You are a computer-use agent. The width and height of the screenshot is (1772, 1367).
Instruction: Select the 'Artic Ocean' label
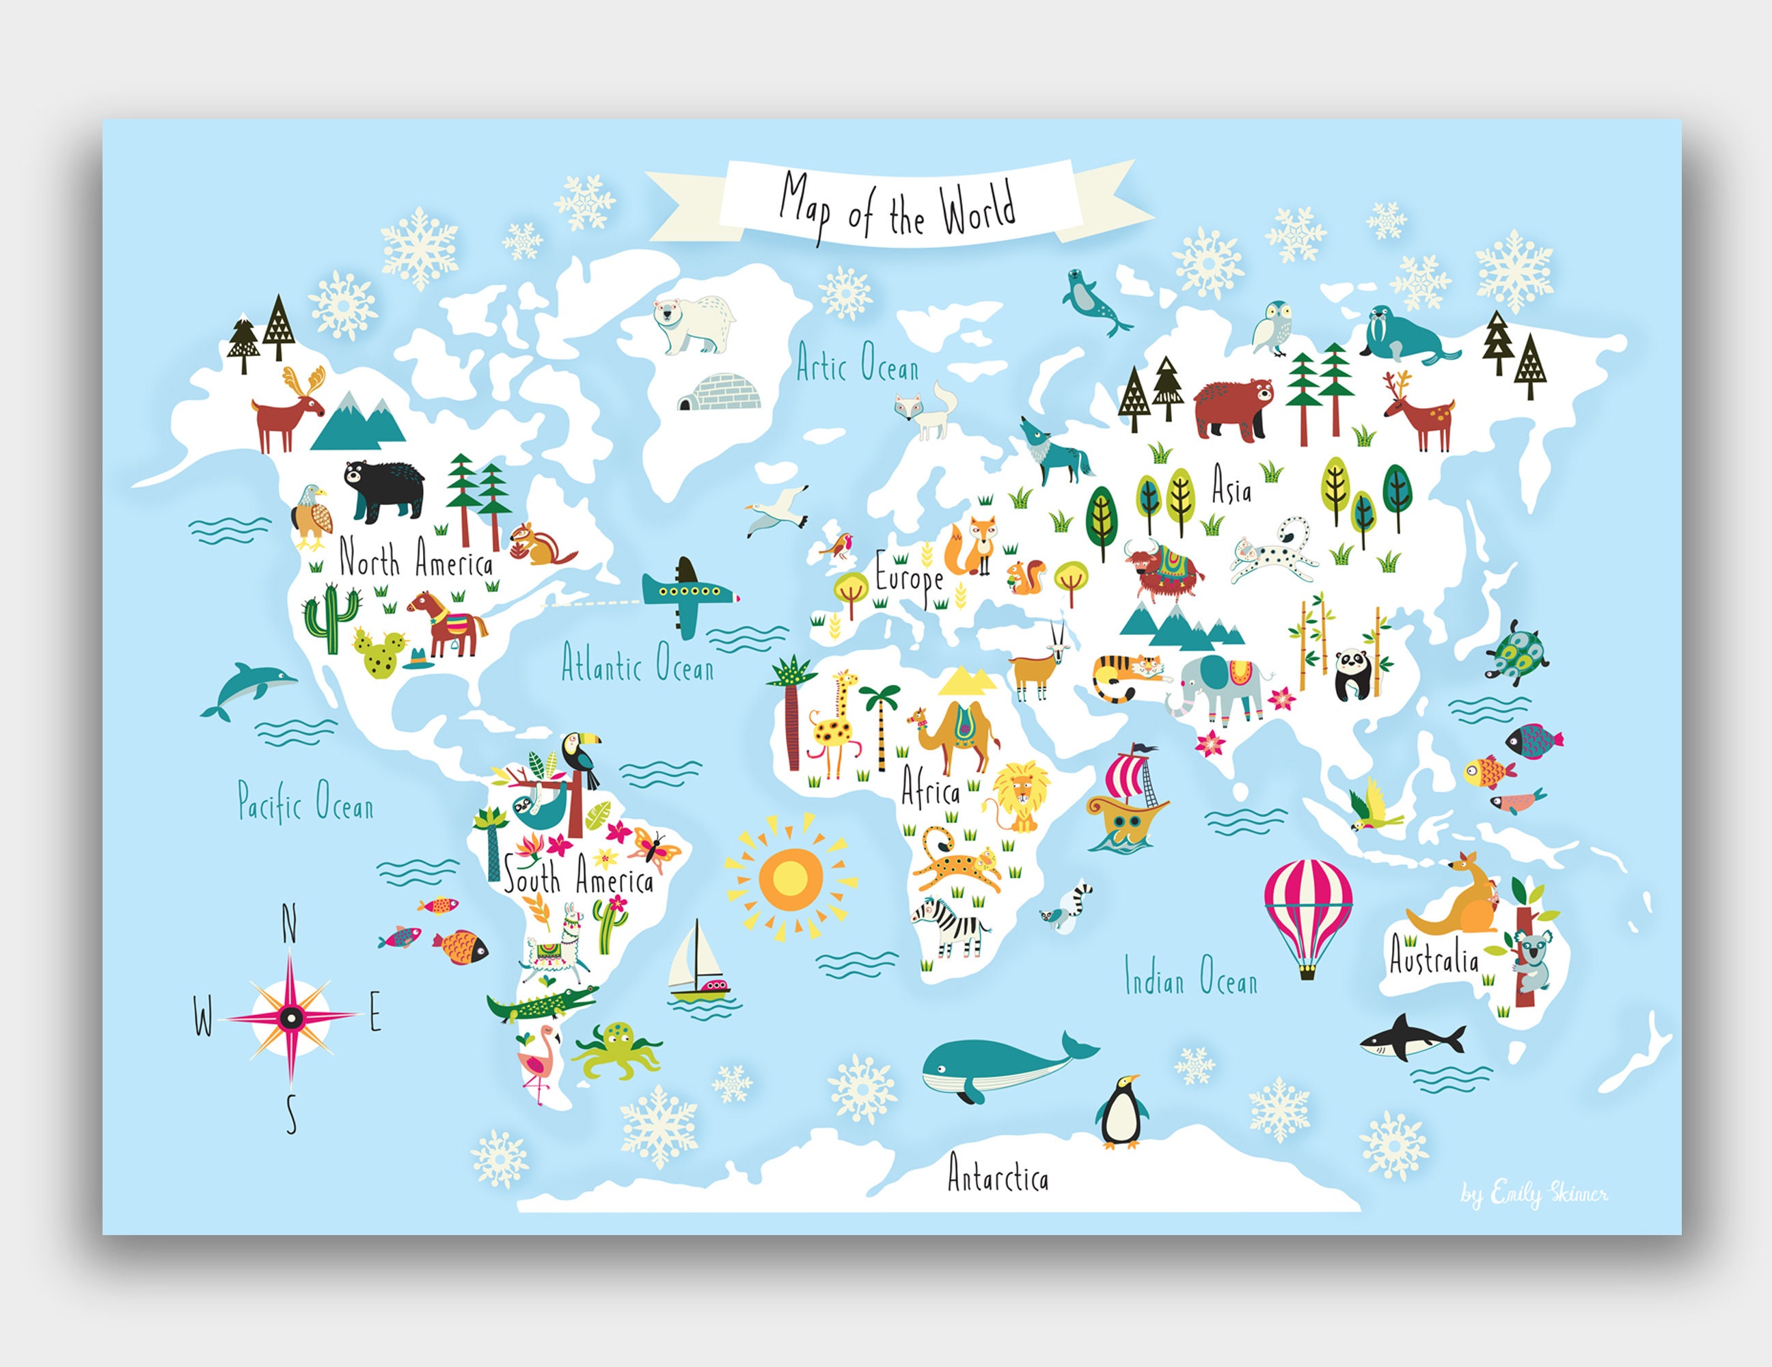(857, 364)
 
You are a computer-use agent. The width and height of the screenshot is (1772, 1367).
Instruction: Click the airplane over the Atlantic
(689, 596)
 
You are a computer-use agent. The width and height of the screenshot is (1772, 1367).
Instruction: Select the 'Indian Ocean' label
(1190, 976)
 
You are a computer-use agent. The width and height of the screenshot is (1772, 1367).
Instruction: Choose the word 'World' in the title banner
(978, 208)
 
